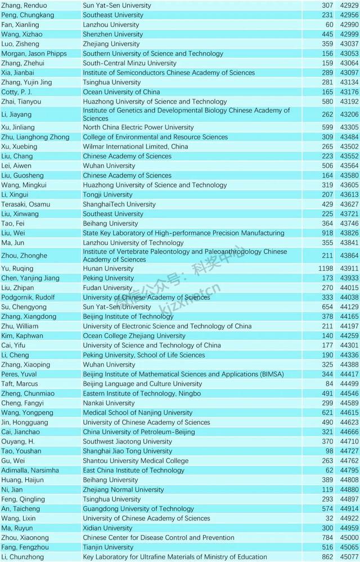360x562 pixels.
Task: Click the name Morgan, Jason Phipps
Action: [x=34, y=53]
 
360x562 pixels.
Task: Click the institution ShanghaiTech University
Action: [x=119, y=204]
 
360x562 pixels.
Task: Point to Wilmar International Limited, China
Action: [x=135, y=146]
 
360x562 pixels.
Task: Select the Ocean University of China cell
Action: [x=121, y=92]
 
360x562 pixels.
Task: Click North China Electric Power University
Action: [x=139, y=127]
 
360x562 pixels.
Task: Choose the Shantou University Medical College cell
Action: [x=128, y=461]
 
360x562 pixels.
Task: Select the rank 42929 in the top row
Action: [x=349, y=5]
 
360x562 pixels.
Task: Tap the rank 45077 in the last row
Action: [x=349, y=557]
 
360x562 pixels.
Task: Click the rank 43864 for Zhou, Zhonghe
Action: [x=349, y=256]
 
